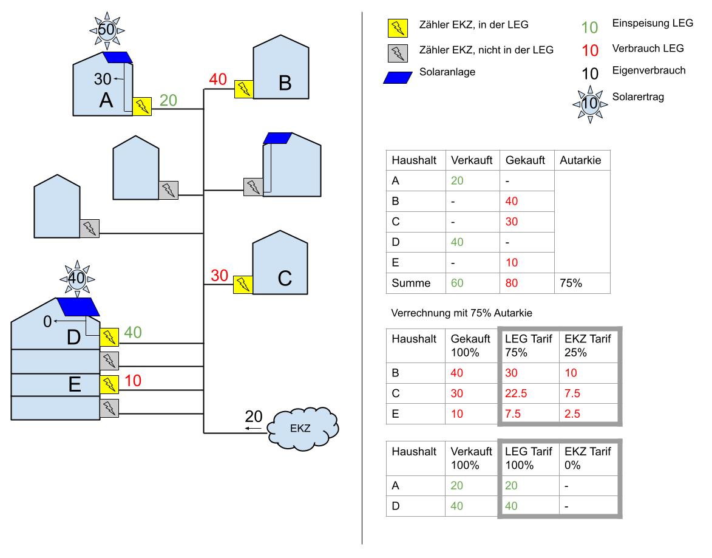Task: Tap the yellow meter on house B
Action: [x=244, y=89]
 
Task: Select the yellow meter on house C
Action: [x=243, y=285]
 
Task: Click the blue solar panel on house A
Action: [x=117, y=57]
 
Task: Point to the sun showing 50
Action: [x=107, y=30]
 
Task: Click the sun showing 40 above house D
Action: [x=77, y=278]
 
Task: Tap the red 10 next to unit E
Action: [x=132, y=381]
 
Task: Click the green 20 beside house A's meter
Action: [x=168, y=100]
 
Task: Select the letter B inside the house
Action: [x=285, y=83]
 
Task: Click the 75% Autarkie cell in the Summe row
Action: [x=571, y=283]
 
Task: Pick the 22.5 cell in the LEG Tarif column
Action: [x=516, y=393]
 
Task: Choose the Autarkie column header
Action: [x=580, y=160]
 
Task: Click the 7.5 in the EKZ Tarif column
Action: [x=572, y=393]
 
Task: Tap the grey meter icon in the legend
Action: [x=398, y=53]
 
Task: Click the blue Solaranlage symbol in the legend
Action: [x=398, y=78]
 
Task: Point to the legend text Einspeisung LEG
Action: [x=653, y=23]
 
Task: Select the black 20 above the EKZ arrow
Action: [x=253, y=417]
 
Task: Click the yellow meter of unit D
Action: [x=109, y=337]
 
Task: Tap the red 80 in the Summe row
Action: [x=511, y=283]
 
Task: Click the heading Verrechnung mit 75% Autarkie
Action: [x=461, y=313]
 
